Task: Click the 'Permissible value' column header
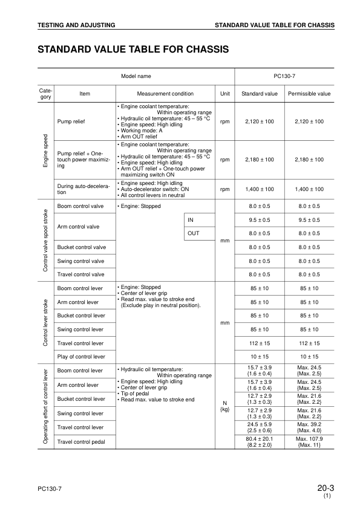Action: pyautogui.click(x=309, y=94)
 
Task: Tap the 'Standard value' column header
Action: pyautogui.click(x=260, y=94)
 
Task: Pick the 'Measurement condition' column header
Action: pyautogui.click(x=165, y=94)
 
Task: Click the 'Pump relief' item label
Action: pyautogui.click(x=71, y=122)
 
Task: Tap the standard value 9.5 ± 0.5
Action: pyautogui.click(x=260, y=220)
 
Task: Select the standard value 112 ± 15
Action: pyautogui.click(x=260, y=343)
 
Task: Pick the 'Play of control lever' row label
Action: pyautogui.click(x=80, y=357)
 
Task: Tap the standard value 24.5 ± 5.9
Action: pyautogui.click(x=260, y=424)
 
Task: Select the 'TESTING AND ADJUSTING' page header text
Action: pyautogui.click(x=76, y=25)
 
